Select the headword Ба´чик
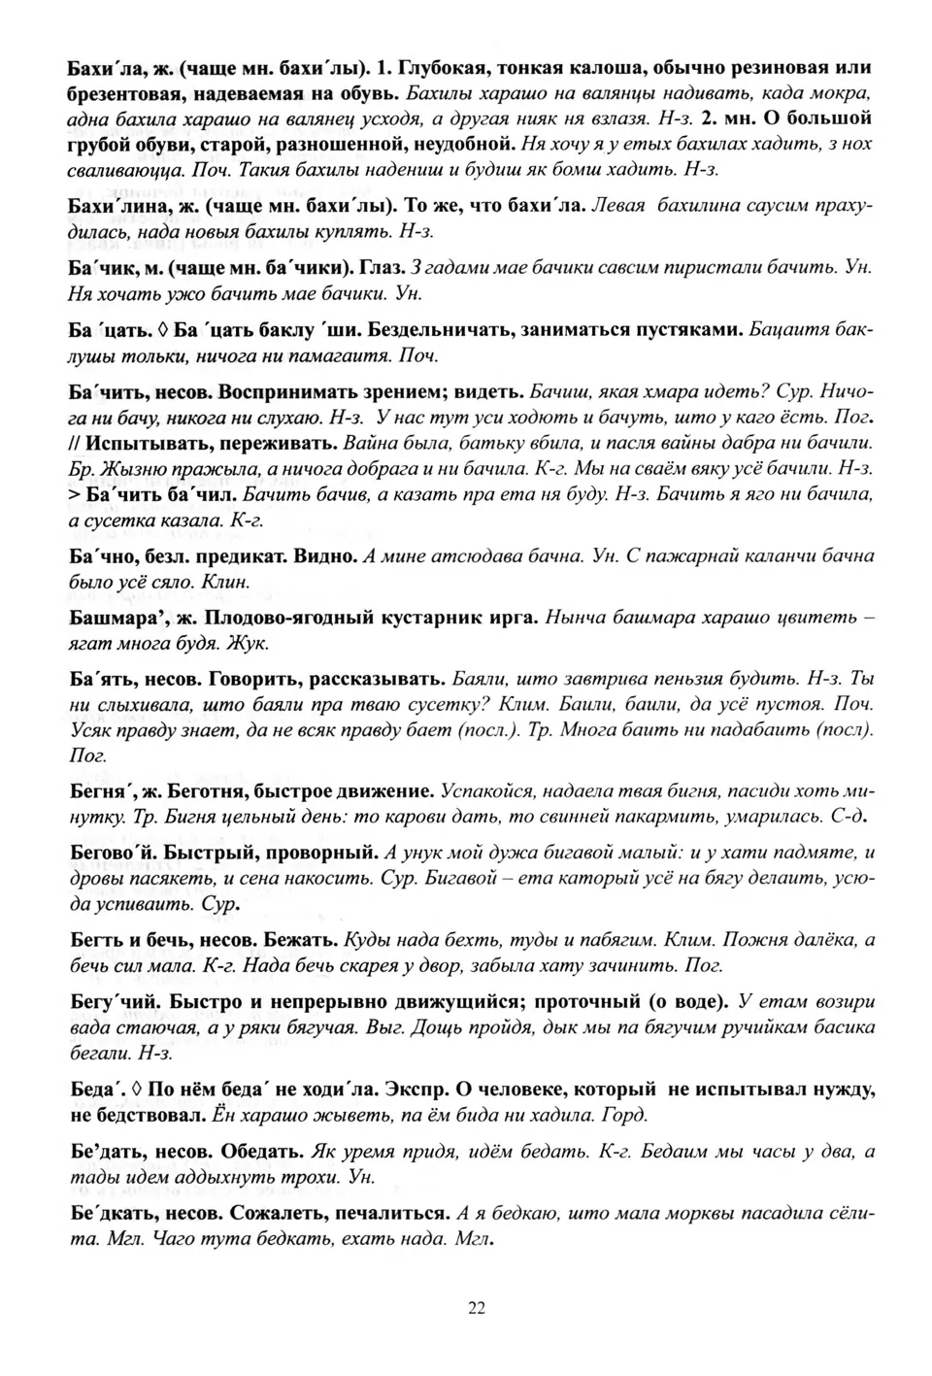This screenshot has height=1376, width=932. (101, 267)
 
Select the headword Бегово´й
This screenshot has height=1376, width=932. (113, 853)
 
